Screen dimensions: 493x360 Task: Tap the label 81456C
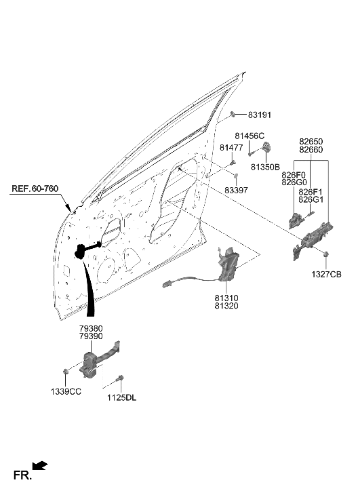[249, 136]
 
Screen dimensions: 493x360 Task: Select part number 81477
[231, 148]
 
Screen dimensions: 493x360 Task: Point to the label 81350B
[264, 166]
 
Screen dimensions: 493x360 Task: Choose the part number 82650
[313, 142]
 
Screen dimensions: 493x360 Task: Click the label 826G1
[311, 200]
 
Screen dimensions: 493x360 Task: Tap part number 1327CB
[327, 274]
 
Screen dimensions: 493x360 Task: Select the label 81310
[226, 297]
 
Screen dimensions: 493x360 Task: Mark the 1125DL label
[121, 398]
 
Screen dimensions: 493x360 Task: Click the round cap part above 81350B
[266, 147]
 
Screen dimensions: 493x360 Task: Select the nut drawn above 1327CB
[326, 254]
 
